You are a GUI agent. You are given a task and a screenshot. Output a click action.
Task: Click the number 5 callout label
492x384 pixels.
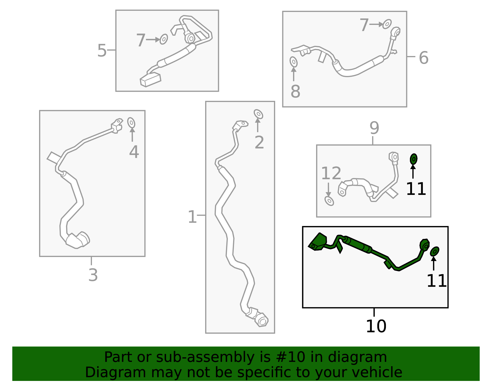(x=102, y=50)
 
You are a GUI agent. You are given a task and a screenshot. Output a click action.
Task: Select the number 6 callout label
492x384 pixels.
(x=423, y=57)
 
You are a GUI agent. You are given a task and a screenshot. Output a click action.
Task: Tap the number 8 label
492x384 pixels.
(x=295, y=91)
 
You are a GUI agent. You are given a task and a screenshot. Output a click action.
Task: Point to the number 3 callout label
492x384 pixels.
(x=93, y=275)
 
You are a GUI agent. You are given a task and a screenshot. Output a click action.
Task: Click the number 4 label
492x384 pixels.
(x=134, y=152)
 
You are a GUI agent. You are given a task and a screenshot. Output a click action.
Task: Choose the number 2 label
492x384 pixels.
(x=259, y=142)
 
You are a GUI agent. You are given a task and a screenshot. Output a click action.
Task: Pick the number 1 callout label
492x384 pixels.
(x=192, y=217)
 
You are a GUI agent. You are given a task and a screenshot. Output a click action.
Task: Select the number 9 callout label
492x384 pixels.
(x=374, y=128)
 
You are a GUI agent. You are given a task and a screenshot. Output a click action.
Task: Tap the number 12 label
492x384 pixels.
(x=331, y=173)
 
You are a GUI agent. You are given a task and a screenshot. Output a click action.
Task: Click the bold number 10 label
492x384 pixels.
(x=376, y=326)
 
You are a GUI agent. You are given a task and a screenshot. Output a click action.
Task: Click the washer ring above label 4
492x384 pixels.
(x=131, y=123)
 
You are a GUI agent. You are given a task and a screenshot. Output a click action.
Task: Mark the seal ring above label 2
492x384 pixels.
(x=258, y=114)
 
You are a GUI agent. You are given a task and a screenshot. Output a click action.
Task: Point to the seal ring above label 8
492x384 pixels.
(x=294, y=62)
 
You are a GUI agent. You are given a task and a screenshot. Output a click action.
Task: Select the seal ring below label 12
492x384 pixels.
(x=329, y=201)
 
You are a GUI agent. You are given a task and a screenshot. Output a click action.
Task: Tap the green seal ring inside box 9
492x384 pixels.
(x=414, y=159)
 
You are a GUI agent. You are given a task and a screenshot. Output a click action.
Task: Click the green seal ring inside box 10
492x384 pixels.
(x=434, y=251)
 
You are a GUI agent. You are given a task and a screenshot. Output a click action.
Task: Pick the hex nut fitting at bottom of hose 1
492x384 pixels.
(x=262, y=321)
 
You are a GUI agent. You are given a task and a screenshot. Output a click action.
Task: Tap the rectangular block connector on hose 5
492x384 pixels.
(x=150, y=80)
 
